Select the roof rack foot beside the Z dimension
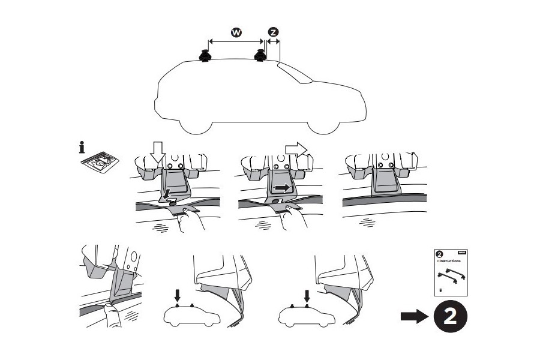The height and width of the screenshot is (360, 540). coord(261,56)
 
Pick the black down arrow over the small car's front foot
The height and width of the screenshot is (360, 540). coord(306,295)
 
